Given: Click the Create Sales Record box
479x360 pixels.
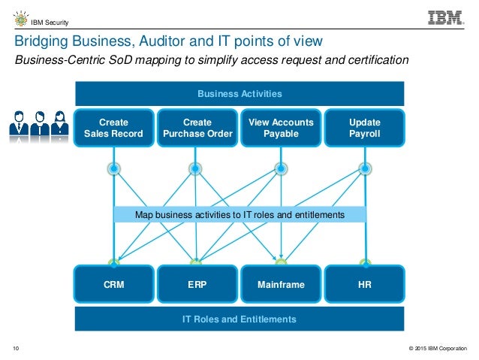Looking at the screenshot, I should tap(113, 128).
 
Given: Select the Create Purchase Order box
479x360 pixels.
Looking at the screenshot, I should tap(197, 128).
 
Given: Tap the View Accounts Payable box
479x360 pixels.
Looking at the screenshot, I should tap(281, 128).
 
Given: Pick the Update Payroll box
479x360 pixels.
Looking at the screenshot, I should tap(365, 128).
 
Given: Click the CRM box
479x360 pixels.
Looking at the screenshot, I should tap(113, 286).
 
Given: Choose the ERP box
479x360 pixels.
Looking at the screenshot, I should tap(197, 286).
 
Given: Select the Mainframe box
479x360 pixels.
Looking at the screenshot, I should tap(281, 286).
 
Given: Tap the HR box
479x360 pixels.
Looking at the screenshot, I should tap(365, 286).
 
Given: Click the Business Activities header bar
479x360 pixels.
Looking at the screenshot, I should tap(239, 94).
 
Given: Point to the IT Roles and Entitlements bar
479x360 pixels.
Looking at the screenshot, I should tap(239, 319).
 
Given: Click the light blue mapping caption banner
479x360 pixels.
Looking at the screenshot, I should tap(239, 215).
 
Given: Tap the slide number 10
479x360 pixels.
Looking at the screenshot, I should tap(16, 348).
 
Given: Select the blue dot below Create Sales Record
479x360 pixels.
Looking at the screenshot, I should tap(114, 169).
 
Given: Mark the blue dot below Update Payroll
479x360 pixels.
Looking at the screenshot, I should tap(366, 169).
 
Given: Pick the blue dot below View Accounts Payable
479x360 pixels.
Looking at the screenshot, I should tap(281, 169).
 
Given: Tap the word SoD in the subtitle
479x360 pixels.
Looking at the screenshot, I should tap(131, 61).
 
